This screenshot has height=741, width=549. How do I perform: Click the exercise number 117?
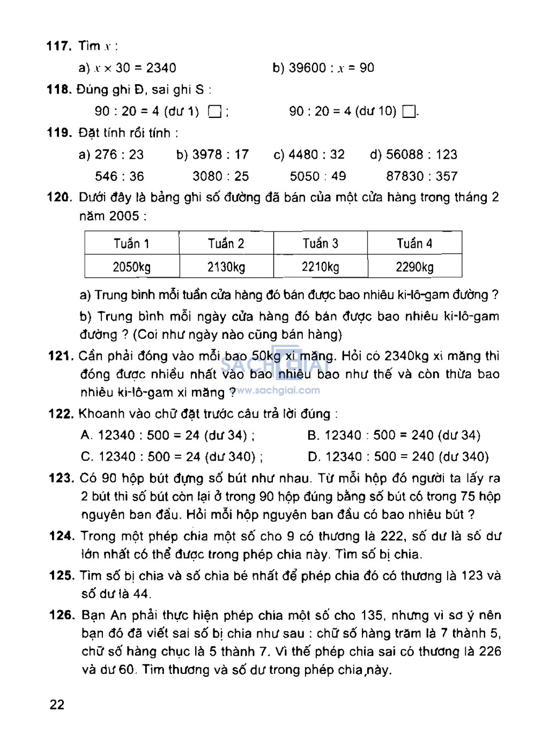[59, 46]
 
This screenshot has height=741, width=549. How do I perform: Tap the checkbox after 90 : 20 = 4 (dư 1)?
[214, 112]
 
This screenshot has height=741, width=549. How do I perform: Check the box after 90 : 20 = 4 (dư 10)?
[409, 112]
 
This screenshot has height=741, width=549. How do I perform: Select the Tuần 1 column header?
[131, 243]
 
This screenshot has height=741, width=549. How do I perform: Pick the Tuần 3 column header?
[320, 243]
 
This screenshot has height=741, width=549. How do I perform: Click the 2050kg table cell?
[131, 266]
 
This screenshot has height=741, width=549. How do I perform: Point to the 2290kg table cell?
[414, 266]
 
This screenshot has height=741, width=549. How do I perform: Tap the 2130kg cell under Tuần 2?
[226, 266]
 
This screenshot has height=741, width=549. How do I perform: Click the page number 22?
[57, 705]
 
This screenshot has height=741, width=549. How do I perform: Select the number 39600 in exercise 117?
[307, 68]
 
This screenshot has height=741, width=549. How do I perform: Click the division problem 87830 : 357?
[421, 176]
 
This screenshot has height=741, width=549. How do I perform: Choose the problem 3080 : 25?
[221, 176]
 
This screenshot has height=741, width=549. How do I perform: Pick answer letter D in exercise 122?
[314, 457]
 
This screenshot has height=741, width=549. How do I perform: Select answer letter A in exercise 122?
[86, 435]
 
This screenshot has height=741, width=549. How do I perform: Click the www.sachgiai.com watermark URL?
[278, 390]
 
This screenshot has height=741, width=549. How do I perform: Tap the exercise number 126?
[62, 615]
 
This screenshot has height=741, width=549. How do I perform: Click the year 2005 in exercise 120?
[124, 216]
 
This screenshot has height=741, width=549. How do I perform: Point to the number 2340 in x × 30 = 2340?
[161, 68]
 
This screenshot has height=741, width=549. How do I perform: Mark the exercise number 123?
[61, 478]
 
